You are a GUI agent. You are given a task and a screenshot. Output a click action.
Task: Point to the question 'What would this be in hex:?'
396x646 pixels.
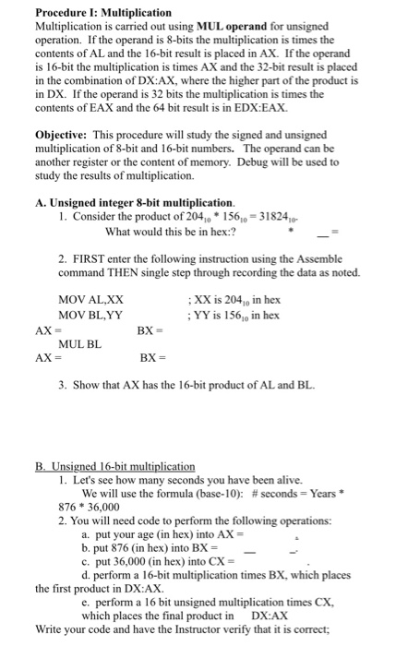(164, 231)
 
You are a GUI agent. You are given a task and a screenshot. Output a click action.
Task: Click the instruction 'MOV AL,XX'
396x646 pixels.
(90, 301)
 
